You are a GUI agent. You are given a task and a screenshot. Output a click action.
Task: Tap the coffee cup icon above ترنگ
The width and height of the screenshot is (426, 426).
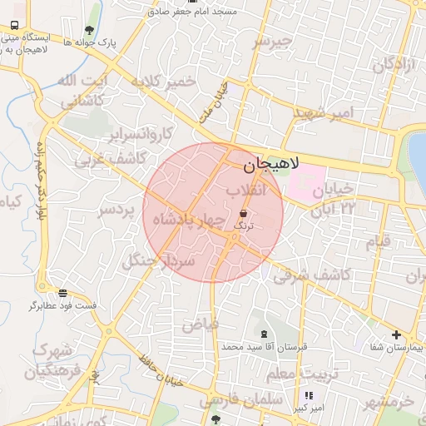coord(242,214)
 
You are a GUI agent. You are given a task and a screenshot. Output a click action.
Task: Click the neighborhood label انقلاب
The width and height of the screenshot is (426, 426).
coord(245,191)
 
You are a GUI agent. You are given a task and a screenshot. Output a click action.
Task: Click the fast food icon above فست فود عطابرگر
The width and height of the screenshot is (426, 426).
coord(63,293)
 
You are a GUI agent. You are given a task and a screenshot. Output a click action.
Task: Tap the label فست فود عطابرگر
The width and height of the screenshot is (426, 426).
coord(63,305)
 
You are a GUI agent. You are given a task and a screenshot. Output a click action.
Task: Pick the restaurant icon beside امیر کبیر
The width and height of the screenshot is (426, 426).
coord(310,396)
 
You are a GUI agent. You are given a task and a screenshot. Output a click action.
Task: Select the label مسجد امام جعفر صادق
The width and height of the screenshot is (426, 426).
coord(201,12)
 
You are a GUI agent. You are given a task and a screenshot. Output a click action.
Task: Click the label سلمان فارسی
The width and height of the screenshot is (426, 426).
coord(230,400)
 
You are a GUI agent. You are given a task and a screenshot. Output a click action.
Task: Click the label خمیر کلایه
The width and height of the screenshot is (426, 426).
coord(163,82)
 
